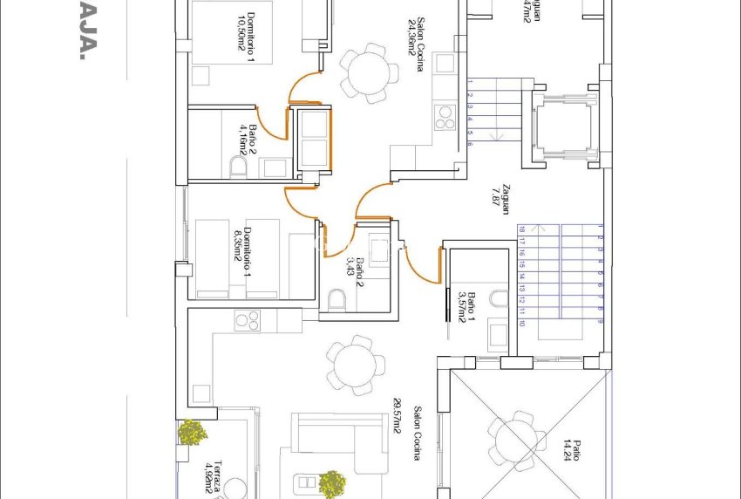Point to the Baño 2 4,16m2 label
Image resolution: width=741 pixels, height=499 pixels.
(248, 139)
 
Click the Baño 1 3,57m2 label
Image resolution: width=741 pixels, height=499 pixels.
(466, 306)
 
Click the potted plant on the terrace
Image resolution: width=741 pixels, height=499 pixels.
(192, 431)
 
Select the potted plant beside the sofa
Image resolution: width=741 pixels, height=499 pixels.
(331, 482)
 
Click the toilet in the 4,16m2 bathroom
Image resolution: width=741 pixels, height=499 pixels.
(237, 167)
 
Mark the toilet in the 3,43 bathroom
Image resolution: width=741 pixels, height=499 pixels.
(337, 301)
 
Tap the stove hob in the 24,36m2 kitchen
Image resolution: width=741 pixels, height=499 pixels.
(445, 117)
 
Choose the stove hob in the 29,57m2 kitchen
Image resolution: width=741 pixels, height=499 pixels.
(248, 321)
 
